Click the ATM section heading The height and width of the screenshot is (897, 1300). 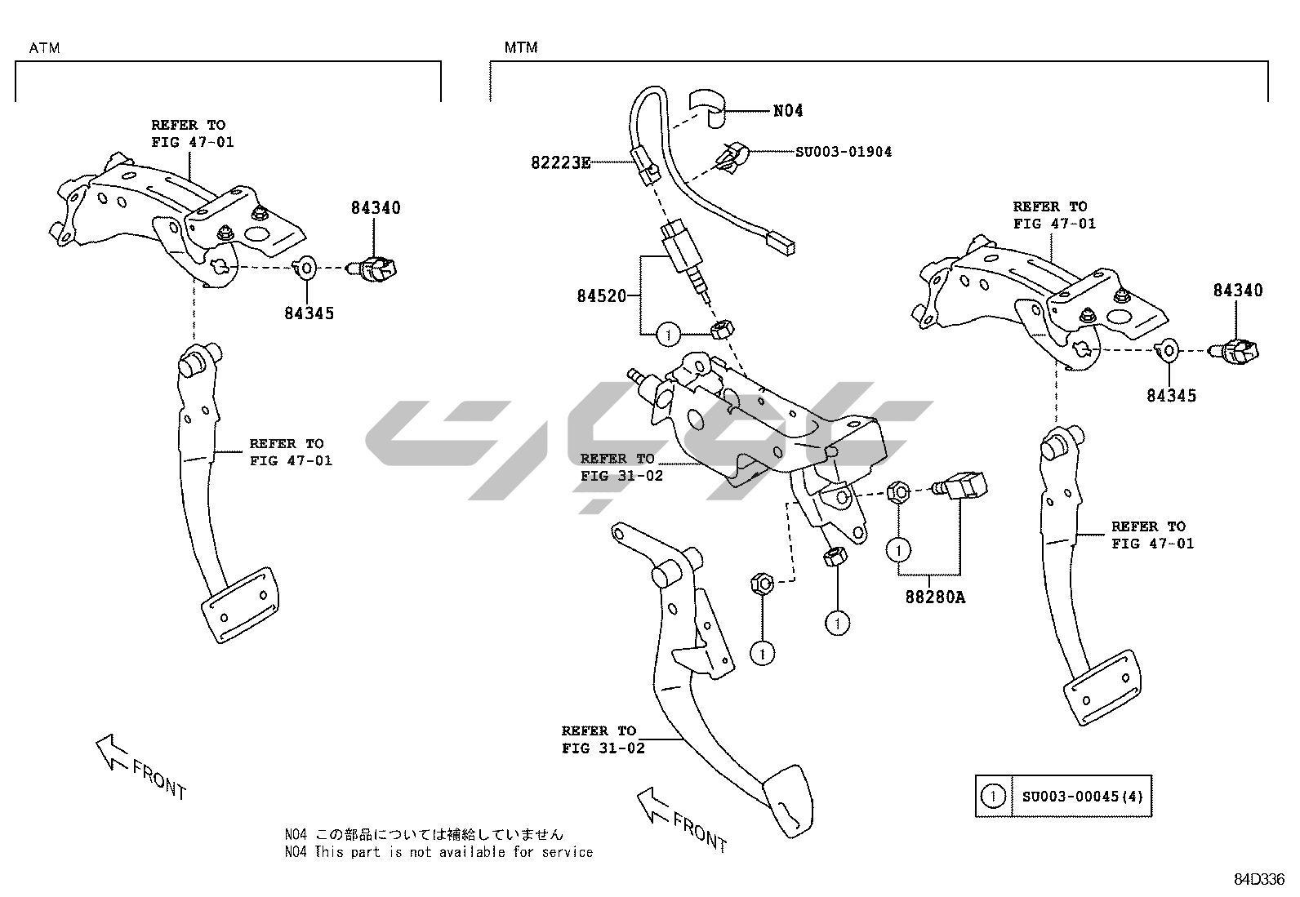coord(44,48)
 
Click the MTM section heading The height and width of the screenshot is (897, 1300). coord(521,48)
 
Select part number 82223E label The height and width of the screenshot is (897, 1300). coord(560,162)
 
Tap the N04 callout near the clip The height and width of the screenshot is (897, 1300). coord(788,111)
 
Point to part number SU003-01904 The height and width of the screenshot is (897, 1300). coord(844,152)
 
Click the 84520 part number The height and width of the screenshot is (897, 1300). coord(601,296)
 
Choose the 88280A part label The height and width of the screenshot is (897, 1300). coord(934,597)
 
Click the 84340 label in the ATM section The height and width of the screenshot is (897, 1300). coord(376,208)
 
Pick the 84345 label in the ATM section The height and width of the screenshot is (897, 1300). coord(309,313)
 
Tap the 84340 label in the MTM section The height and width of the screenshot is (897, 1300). coord(1237,291)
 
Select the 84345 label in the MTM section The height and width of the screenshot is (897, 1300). coord(1171,396)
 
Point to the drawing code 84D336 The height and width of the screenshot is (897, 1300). coord(1258,879)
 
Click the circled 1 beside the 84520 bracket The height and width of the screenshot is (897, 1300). coord(668,334)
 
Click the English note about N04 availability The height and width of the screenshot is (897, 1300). coord(439,852)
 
